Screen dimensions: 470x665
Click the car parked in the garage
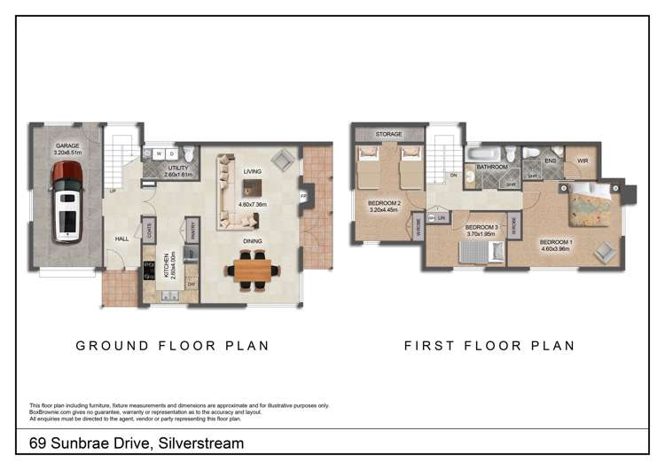67,201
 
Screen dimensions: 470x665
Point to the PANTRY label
192,231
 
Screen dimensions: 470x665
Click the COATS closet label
149,231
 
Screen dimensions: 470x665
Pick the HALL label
122,238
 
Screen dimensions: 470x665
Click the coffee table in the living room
253,186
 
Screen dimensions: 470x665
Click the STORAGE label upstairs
388,134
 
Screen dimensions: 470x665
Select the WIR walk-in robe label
583,161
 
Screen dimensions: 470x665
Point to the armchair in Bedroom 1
606,252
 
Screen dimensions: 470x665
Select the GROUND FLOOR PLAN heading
172,345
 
